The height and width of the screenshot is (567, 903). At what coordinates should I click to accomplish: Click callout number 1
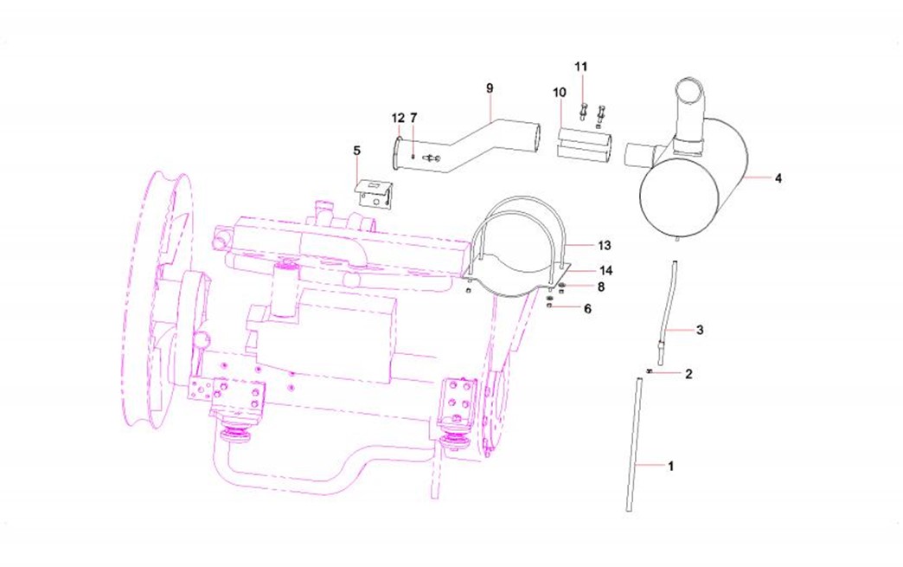click(x=670, y=466)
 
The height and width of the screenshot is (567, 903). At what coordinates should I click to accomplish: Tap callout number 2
click(x=688, y=374)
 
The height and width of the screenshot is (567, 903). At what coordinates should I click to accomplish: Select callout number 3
click(x=700, y=330)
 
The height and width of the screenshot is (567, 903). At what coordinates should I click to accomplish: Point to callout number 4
click(x=778, y=178)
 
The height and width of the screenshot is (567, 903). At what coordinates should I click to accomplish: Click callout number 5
click(x=357, y=151)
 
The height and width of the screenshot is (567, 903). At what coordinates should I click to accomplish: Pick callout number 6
click(x=587, y=309)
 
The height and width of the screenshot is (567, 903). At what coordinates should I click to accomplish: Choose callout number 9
click(x=490, y=88)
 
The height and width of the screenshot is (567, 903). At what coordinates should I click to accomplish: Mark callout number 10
click(x=560, y=93)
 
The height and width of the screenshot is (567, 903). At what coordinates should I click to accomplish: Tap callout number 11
click(x=581, y=67)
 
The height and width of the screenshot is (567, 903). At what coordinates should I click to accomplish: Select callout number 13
click(x=604, y=246)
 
